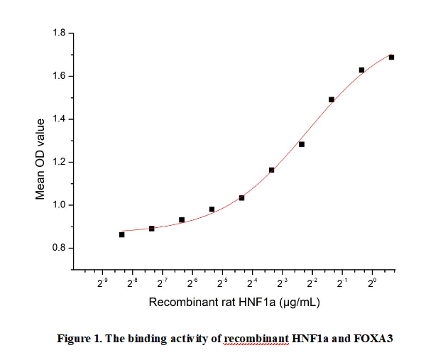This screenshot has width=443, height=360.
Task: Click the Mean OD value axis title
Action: [40, 158]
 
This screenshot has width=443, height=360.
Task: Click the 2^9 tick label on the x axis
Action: [102, 283]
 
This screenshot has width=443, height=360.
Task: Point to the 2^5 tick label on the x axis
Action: [222, 283]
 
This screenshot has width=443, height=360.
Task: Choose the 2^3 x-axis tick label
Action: [283, 283]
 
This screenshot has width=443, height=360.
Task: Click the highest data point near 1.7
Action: [391, 57]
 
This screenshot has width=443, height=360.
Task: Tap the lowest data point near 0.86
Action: [121, 234]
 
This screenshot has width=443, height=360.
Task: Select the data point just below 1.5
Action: [332, 99]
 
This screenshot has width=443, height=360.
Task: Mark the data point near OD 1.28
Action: [302, 144]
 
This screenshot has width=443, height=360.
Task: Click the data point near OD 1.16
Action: [271, 170]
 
